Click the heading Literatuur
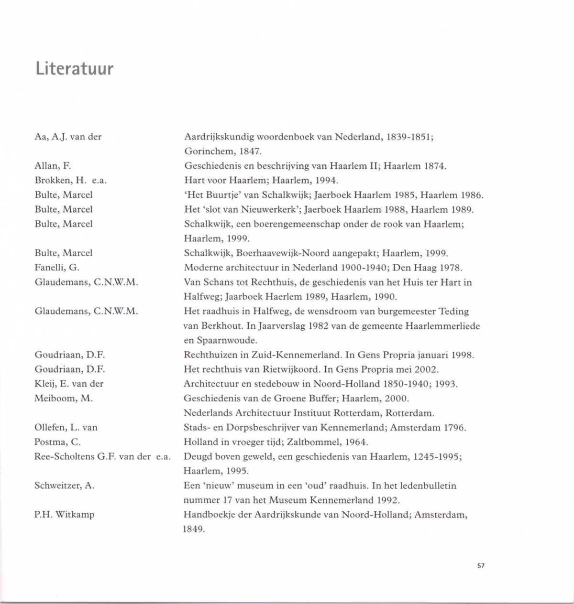point(74,69)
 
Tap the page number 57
point(481,566)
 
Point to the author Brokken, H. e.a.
point(70,181)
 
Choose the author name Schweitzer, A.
point(65,486)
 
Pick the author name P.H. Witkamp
point(65,515)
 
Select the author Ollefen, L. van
point(66,428)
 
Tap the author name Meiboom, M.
point(64,399)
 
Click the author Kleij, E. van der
point(69,384)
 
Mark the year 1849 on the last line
point(194,530)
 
